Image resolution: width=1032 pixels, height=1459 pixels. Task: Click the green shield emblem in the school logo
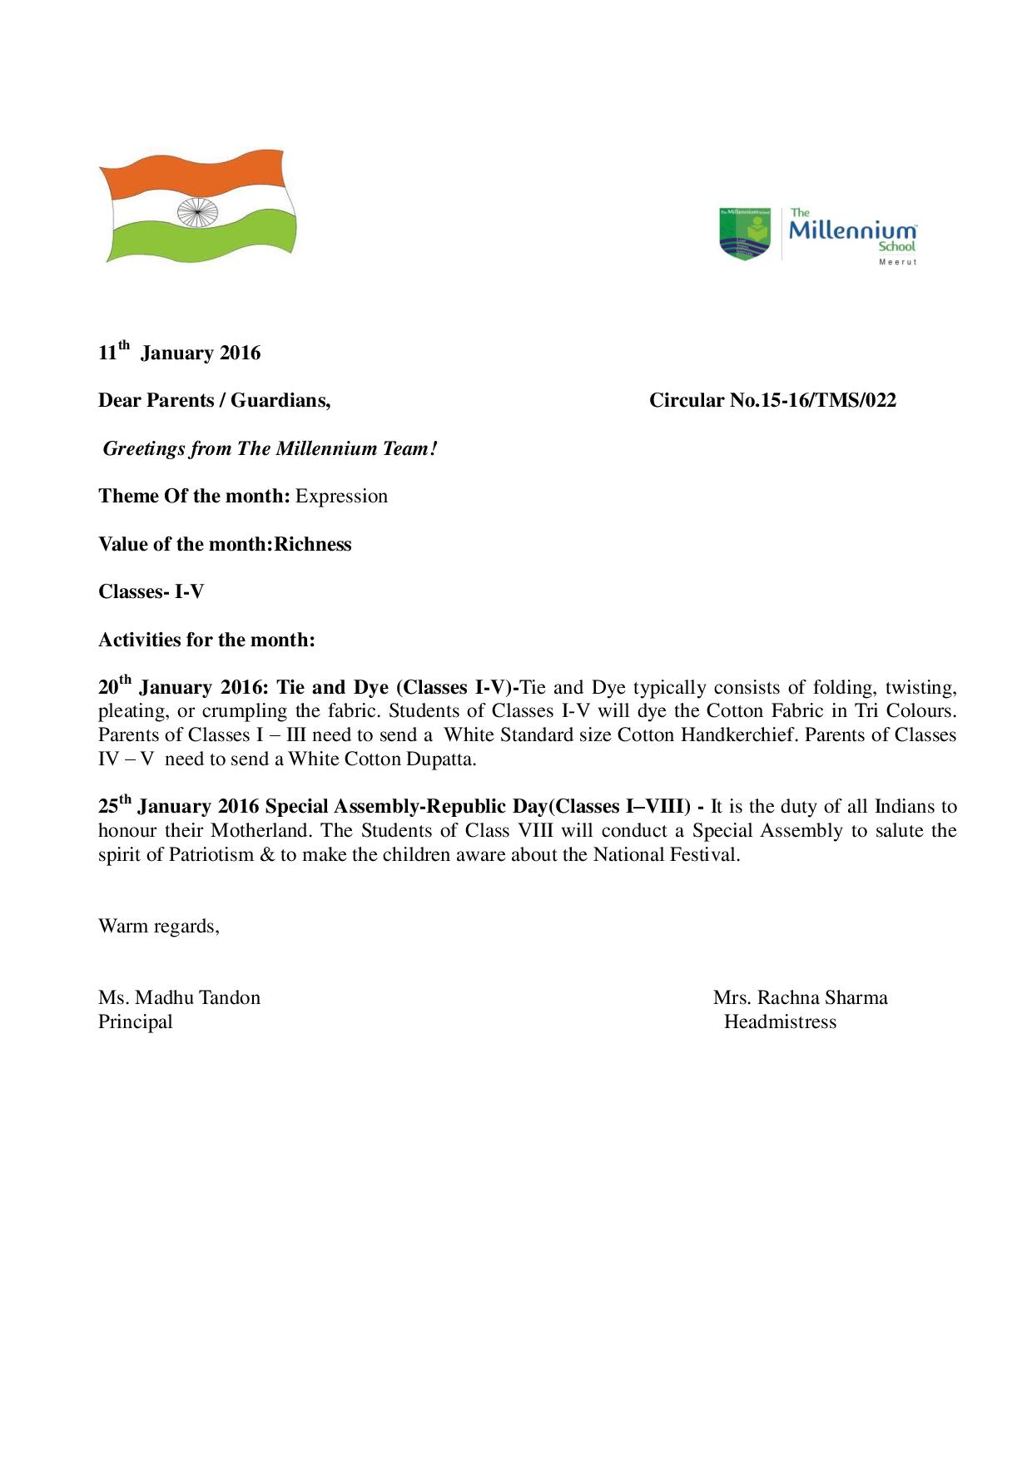(x=745, y=233)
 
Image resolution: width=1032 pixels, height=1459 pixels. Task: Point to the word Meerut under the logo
(x=897, y=263)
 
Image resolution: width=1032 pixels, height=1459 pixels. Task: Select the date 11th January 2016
(x=180, y=353)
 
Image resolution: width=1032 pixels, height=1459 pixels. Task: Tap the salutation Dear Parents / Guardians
(x=215, y=401)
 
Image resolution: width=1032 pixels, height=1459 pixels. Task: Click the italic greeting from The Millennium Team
(x=269, y=449)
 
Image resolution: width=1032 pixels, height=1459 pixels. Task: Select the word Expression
(x=342, y=497)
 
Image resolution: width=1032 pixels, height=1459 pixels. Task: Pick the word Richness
(x=313, y=544)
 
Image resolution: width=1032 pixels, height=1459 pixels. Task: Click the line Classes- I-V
(x=151, y=592)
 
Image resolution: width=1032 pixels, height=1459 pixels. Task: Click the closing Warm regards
(x=159, y=927)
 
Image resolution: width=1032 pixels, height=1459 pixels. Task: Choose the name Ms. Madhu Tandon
(x=179, y=998)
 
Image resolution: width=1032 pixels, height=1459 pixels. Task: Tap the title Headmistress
(x=780, y=1022)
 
